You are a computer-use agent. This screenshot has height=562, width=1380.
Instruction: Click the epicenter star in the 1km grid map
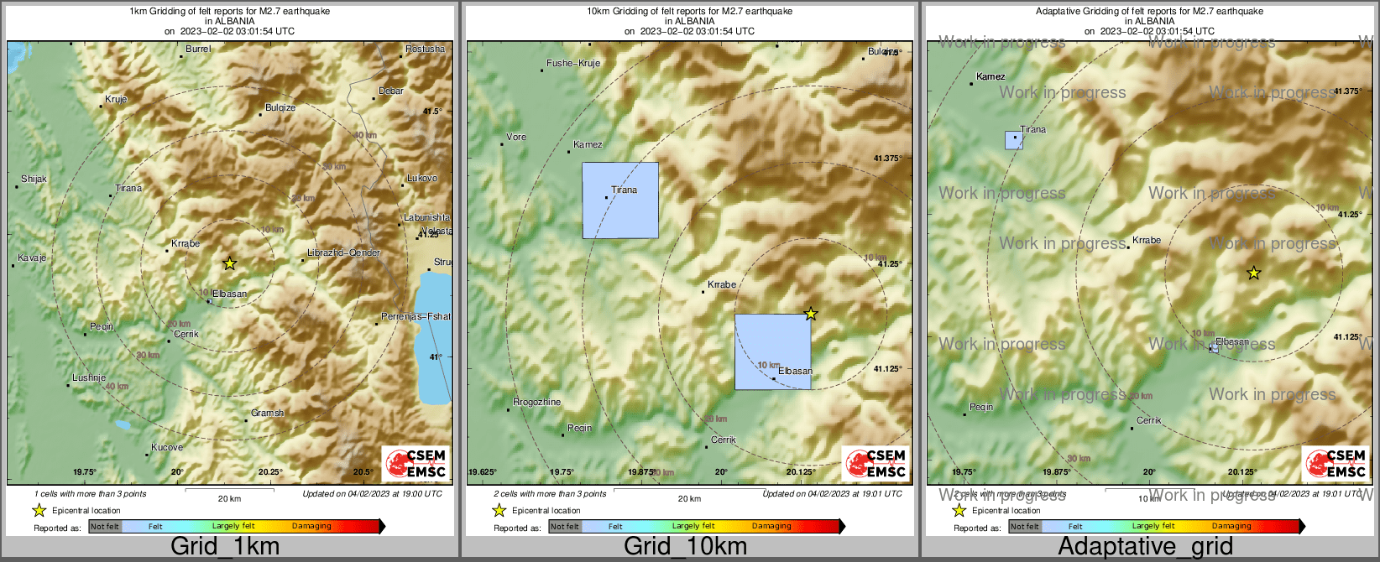coord(230,263)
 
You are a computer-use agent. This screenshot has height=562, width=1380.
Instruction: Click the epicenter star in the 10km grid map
coord(811,314)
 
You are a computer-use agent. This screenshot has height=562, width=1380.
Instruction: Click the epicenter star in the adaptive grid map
coord(1253,273)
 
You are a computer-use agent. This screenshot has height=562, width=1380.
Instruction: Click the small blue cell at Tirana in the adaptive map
coord(1013,141)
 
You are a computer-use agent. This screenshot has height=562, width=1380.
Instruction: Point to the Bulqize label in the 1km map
coord(280,107)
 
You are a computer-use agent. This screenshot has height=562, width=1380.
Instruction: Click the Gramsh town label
coord(268,413)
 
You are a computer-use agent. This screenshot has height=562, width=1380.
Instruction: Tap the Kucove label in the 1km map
coord(167,447)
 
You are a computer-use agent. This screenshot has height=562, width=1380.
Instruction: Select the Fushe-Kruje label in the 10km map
coord(573,63)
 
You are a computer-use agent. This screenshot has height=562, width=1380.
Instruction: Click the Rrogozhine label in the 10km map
coord(537,402)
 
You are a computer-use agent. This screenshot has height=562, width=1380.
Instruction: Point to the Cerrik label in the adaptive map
coord(1149,420)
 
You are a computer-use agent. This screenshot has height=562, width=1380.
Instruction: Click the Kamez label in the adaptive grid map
coord(991,76)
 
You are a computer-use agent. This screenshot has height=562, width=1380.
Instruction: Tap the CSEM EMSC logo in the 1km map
coord(416,463)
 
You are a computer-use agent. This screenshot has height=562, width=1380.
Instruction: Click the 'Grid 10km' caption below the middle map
coord(685,547)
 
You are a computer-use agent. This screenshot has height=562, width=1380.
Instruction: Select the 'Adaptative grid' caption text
coord(1145,547)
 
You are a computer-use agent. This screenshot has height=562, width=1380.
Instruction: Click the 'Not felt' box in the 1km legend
coord(105,527)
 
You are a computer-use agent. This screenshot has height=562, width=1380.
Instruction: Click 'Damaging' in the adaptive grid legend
coord(1231,527)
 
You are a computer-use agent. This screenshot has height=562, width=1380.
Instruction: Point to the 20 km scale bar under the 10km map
coord(689,490)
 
